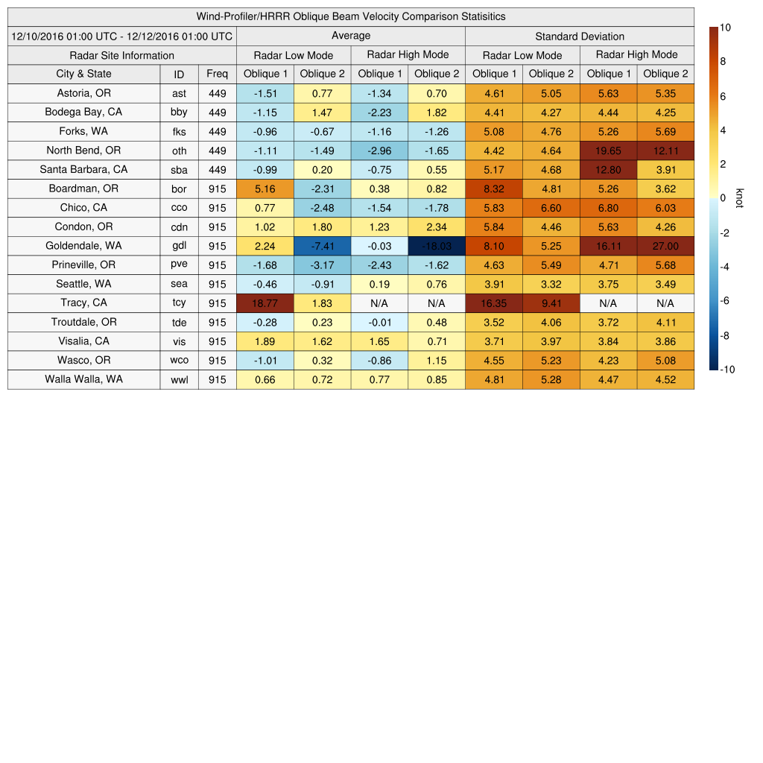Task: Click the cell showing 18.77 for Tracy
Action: (265, 303)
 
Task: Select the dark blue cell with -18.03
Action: (436, 246)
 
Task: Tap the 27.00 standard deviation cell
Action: (665, 246)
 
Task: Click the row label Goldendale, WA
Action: (83, 246)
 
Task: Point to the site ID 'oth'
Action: (179, 151)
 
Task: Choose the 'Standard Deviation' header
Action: (580, 37)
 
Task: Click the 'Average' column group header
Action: (350, 36)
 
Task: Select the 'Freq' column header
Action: (217, 74)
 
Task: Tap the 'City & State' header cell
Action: (83, 74)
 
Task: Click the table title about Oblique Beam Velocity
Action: (350, 16)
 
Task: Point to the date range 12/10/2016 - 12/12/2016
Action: (121, 37)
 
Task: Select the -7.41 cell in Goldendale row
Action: (322, 246)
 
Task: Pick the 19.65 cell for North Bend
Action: (608, 151)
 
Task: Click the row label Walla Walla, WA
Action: (83, 379)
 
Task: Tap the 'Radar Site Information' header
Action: (121, 55)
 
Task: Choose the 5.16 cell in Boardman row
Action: (265, 189)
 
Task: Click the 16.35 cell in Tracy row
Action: (493, 303)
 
